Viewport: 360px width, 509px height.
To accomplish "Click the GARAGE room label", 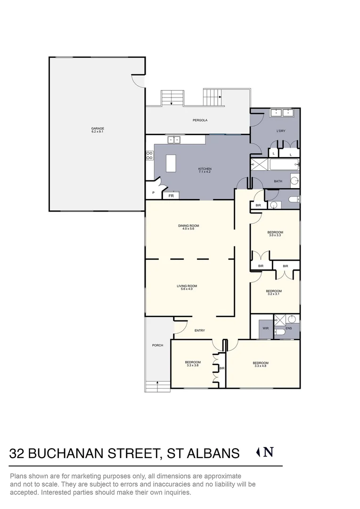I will [98, 129].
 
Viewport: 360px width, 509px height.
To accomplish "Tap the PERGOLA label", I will [200, 120].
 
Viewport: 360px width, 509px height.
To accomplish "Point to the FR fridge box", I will [171, 195].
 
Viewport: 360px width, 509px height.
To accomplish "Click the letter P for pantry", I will [153, 193].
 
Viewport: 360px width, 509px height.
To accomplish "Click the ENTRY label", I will [200, 330].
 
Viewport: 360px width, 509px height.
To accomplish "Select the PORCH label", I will [157, 345].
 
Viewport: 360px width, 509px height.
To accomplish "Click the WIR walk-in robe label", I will [265, 328].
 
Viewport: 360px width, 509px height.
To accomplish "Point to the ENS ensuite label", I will [289, 328].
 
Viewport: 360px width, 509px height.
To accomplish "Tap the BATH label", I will [278, 181].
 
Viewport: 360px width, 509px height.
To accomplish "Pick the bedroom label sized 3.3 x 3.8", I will [193, 363].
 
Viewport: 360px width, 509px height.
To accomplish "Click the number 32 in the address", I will [17, 453].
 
